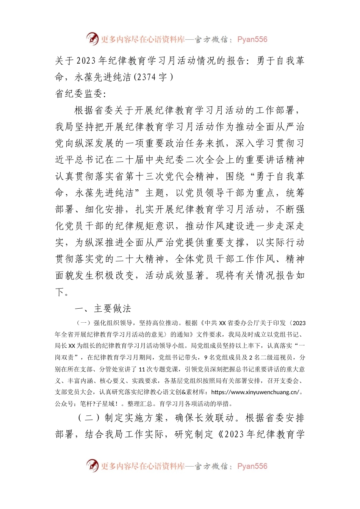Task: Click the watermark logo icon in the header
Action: click(x=92, y=39)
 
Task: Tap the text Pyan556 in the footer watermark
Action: click(x=252, y=466)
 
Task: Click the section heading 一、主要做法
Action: click(x=103, y=309)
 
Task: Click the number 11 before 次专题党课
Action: click(x=142, y=369)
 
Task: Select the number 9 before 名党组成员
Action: click(x=206, y=358)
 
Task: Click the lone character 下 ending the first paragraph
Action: click(x=60, y=292)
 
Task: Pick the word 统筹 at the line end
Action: click(x=295, y=193)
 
